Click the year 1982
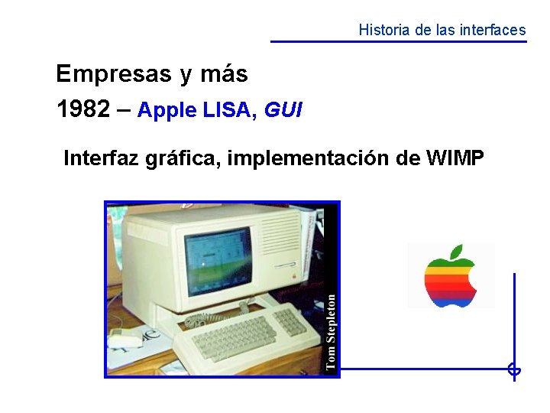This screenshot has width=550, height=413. (x=83, y=110)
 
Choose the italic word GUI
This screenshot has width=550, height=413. (x=283, y=111)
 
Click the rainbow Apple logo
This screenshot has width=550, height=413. (x=451, y=277)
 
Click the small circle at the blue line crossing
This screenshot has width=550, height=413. (x=514, y=370)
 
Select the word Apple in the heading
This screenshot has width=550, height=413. (x=167, y=111)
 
